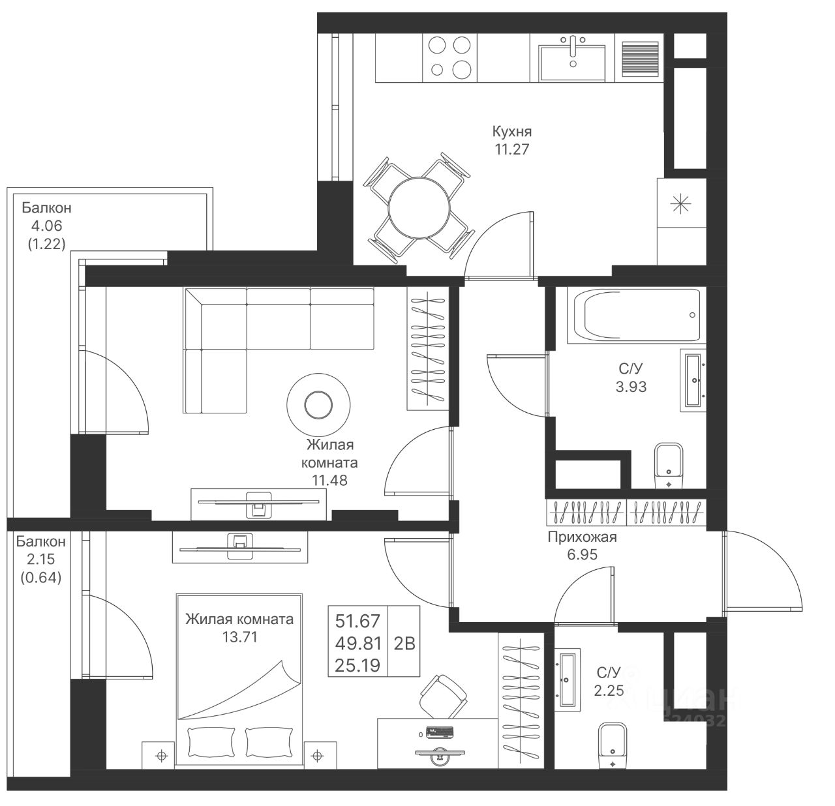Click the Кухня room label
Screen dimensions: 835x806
click(511, 131)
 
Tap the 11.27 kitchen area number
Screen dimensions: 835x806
click(511, 149)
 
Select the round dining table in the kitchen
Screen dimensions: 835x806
click(419, 209)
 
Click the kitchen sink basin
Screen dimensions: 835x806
click(572, 63)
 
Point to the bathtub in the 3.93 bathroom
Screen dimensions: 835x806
click(637, 316)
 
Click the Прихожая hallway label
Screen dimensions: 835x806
click(582, 537)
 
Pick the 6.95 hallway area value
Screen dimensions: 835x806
click(582, 555)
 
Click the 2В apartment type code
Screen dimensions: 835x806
click(404, 644)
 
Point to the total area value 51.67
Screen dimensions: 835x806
click(357, 621)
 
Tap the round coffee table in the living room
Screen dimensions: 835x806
click(318, 404)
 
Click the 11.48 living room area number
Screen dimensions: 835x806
click(329, 481)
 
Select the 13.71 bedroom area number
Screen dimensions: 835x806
click(239, 637)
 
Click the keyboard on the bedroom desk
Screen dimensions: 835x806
click(441, 731)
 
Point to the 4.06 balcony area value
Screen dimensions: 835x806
click(46, 226)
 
